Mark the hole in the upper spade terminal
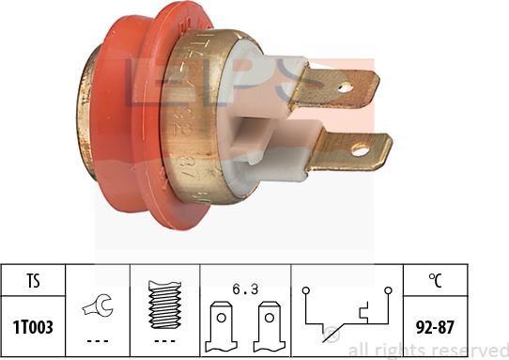(345, 88)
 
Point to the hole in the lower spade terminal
(359, 148)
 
